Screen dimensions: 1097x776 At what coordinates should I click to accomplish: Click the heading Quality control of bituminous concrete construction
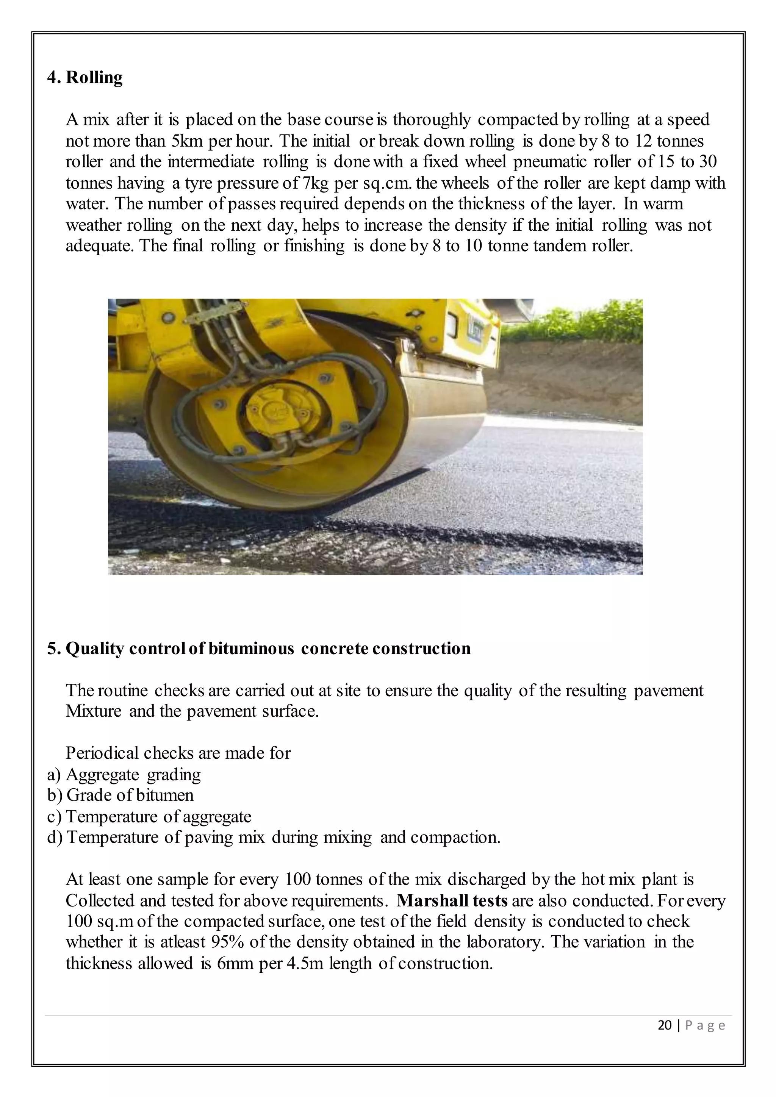pos(268,649)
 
